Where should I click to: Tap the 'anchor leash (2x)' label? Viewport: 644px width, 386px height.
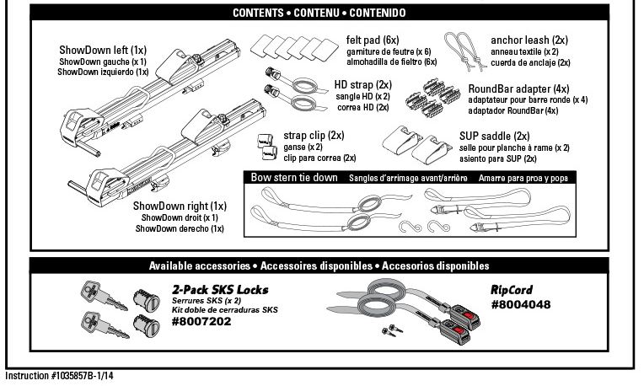529,40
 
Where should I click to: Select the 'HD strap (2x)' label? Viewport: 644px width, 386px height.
362,85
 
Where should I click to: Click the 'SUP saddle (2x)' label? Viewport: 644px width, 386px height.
494,136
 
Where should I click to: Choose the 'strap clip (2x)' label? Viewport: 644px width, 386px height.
314,135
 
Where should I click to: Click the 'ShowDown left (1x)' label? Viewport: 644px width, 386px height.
103,51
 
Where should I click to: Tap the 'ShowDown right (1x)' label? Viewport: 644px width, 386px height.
179,206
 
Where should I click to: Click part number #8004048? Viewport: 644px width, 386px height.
520,304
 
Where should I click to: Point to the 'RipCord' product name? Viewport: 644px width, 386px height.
512,290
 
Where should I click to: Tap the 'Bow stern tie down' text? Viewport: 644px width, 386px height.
294,178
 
